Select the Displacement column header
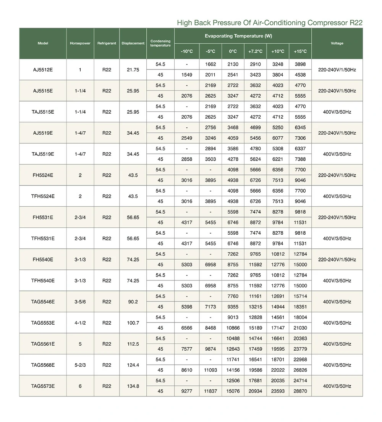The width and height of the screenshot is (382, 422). pos(133,43)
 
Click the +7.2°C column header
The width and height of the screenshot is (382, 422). pos(255,51)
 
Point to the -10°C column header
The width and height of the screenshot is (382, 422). pos(187,51)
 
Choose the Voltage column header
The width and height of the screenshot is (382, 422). pos(337,43)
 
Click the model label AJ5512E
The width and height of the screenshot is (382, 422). pos(43,70)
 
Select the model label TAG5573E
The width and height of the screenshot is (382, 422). pos(43,386)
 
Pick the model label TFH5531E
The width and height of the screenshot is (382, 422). pos(43,238)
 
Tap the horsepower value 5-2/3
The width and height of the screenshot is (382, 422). pos(80,365)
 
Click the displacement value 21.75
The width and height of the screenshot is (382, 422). pos(133,70)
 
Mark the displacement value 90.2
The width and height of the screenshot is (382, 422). pos(133,302)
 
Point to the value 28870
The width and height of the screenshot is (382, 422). pos(300,391)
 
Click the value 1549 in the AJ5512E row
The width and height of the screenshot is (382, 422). pos(187,75)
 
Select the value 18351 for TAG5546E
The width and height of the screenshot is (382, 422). pos(300,307)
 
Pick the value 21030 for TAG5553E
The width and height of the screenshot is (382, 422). pos(300,328)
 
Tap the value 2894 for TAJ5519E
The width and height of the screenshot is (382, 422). pos(210,149)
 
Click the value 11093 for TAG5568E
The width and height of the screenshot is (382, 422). pos(210,370)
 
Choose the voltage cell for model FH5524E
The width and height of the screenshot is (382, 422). pos(337,175)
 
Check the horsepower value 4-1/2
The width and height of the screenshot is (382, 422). pos(80,323)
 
